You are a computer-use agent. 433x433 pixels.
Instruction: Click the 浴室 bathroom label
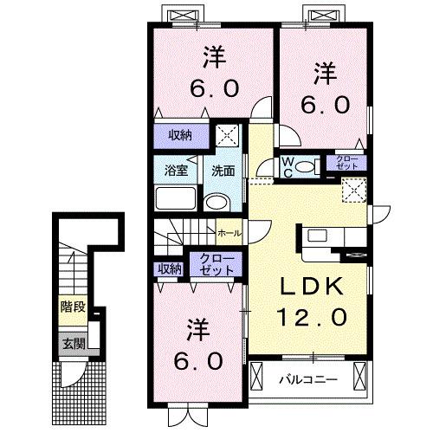(x=176, y=171)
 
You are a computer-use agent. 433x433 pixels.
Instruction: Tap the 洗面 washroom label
(x=223, y=171)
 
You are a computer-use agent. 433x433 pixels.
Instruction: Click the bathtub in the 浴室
(x=177, y=199)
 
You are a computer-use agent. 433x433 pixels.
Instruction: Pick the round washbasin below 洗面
(x=217, y=204)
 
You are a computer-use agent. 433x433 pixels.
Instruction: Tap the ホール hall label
(x=229, y=233)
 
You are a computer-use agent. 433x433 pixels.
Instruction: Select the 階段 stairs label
(x=72, y=306)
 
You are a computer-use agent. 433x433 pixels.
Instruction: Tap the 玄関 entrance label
(x=72, y=343)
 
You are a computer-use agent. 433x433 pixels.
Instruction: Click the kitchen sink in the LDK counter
(x=315, y=235)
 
